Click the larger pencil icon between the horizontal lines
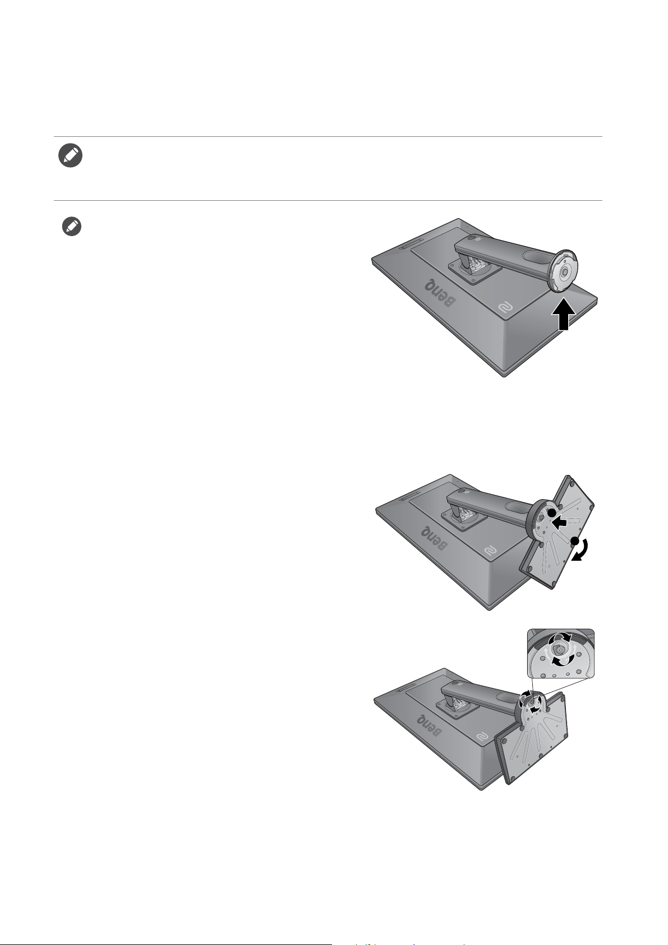tap(71, 156)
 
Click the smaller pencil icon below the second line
tap(72, 227)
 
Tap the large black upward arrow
tap(564, 314)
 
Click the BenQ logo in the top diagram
tap(441, 293)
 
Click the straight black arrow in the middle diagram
tap(561, 523)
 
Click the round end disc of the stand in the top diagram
tap(563, 273)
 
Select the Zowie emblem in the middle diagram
tap(491, 551)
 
